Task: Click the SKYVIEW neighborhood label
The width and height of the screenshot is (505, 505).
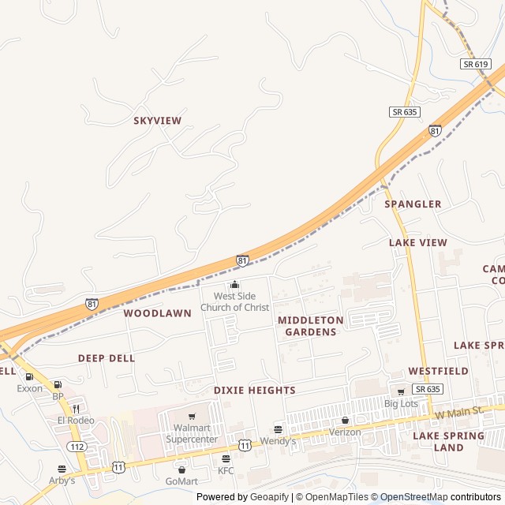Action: point(157,121)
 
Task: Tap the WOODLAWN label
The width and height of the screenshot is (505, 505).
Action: point(157,313)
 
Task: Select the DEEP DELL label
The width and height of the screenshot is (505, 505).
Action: point(107,358)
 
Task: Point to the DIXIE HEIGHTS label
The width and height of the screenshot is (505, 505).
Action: point(254,391)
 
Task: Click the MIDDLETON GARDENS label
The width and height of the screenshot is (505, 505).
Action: point(310,326)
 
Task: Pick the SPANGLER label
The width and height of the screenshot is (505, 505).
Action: point(413,204)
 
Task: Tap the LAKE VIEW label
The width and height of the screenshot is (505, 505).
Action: point(417,243)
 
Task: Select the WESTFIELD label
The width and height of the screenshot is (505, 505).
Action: point(438,371)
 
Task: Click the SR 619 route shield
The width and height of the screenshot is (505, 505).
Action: point(476,64)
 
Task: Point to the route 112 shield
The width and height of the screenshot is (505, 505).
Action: point(77,447)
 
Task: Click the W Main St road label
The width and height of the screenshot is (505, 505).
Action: point(457,413)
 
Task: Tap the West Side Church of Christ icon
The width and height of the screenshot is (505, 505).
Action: point(234,285)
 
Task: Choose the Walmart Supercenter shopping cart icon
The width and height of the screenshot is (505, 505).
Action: point(192,417)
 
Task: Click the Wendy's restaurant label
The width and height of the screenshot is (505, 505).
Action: point(278,441)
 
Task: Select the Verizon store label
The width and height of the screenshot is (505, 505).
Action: point(345,432)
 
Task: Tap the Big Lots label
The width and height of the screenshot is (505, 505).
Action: point(400,404)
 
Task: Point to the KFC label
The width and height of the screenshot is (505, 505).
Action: point(226,471)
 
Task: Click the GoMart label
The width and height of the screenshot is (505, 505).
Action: point(181,481)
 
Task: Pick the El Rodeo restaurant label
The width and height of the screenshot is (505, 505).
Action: point(76,421)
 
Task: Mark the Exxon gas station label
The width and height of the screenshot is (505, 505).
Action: point(30,388)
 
